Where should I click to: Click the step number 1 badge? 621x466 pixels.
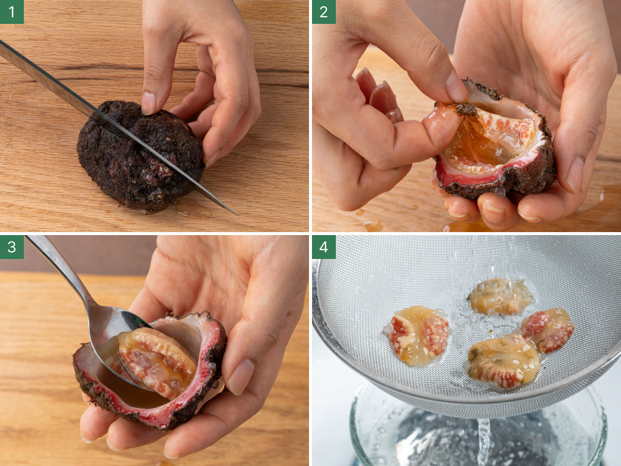(12, 12)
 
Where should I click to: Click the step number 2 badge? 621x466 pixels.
(324, 12)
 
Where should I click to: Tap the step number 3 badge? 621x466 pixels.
(12, 247)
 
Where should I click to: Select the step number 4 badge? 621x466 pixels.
(324, 247)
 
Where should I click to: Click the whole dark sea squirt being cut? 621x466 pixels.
(141, 156)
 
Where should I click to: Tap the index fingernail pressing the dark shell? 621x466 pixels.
(149, 103)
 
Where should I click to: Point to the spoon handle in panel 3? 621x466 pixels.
(60, 270)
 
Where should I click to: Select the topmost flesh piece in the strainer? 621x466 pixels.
(500, 296)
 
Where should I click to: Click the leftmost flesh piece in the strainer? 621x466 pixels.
(418, 335)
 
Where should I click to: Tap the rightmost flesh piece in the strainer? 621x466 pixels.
(549, 330)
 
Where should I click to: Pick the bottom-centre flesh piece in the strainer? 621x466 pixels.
(503, 360)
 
